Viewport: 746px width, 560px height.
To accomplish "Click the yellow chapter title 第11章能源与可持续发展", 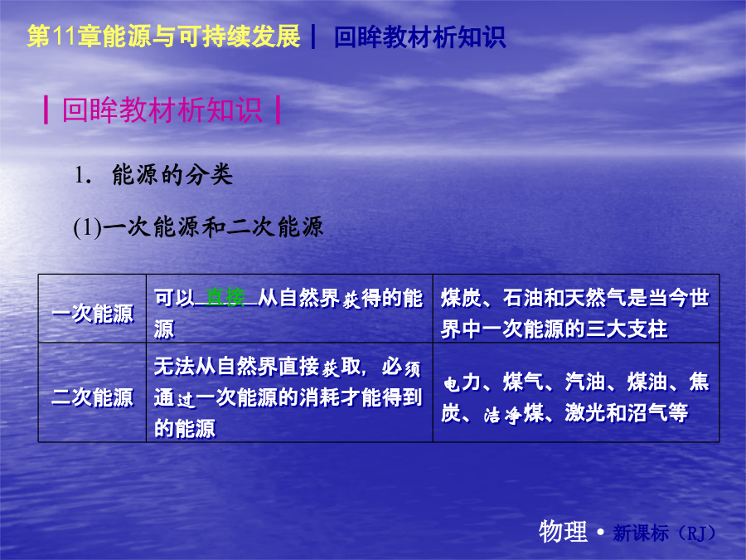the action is click(163, 37).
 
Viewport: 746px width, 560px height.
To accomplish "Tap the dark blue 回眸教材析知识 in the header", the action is click(419, 37).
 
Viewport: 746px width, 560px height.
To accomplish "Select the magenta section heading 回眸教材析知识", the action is click(162, 110).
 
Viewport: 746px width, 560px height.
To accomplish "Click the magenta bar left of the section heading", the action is click(46, 110).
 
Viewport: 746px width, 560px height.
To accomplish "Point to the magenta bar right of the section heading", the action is click(278, 110).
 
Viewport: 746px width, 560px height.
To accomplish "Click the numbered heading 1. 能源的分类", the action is click(153, 175).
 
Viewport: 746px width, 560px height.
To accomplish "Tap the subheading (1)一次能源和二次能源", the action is click(198, 227).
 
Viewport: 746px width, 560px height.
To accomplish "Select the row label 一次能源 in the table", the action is click(92, 314).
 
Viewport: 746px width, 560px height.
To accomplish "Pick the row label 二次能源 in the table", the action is click(92, 397).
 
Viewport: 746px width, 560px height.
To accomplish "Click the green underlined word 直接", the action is click(225, 298).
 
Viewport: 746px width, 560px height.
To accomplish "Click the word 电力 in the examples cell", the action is click(462, 382).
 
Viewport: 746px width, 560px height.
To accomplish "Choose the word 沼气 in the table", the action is click(647, 413).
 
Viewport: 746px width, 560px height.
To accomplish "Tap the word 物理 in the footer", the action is click(564, 531).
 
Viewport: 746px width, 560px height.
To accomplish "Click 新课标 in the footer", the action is click(641, 533).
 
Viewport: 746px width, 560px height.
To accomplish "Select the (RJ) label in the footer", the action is click(695, 533).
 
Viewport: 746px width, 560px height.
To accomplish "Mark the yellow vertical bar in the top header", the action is click(313, 37).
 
